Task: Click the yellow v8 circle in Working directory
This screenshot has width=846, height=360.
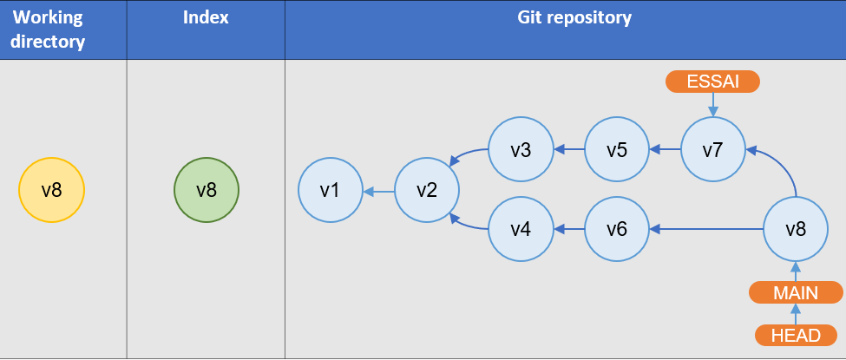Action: click(x=51, y=190)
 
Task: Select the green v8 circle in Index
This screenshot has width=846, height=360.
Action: click(x=207, y=190)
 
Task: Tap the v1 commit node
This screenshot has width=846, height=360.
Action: click(x=330, y=190)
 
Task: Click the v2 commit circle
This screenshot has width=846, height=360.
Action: click(x=426, y=190)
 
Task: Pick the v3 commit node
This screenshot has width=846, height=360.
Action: click(x=521, y=150)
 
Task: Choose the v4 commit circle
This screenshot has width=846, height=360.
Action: click(x=521, y=229)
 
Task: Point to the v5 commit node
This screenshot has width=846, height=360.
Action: click(x=617, y=150)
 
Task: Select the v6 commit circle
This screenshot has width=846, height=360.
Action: click(x=617, y=229)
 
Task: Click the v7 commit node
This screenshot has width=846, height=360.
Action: click(x=712, y=150)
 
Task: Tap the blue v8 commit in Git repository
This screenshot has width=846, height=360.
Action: click(x=796, y=229)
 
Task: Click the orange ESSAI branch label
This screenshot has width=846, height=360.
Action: click(x=712, y=82)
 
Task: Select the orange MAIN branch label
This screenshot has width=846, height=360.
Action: click(x=797, y=292)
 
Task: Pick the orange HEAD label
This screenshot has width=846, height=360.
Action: click(x=797, y=335)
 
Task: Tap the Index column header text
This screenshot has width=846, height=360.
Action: click(x=206, y=18)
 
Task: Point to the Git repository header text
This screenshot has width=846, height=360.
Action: click(x=562, y=18)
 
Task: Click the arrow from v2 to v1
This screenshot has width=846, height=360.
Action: click(x=378, y=191)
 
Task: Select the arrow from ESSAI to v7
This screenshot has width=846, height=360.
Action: click(x=712, y=104)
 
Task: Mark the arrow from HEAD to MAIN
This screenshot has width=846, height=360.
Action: click(x=797, y=314)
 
